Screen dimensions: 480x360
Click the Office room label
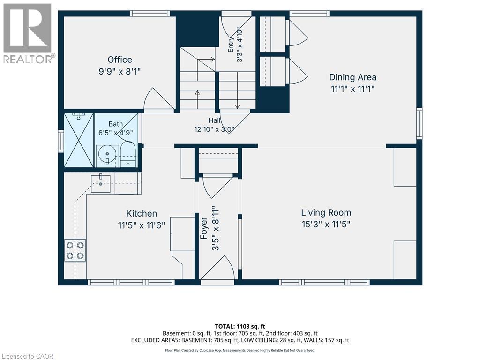[x=120, y=60]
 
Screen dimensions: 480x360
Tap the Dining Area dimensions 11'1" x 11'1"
[x=352, y=89]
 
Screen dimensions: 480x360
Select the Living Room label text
[x=326, y=213]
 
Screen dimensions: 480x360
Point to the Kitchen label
[x=142, y=213]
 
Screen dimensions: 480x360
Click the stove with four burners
[x=75, y=251]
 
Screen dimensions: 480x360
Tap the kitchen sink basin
[x=100, y=184]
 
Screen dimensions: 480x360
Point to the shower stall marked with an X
[x=79, y=140]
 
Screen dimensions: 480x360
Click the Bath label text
[x=116, y=124]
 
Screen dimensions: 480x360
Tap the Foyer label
[x=204, y=228]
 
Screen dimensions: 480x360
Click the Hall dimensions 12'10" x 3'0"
[x=214, y=129]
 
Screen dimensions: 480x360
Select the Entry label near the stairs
[x=231, y=45]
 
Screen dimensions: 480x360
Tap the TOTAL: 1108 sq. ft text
[x=240, y=326]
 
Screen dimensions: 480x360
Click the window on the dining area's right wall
[x=419, y=123]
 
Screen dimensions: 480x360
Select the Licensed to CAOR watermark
[x=28, y=356]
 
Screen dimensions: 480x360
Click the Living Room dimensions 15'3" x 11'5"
[x=326, y=225]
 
